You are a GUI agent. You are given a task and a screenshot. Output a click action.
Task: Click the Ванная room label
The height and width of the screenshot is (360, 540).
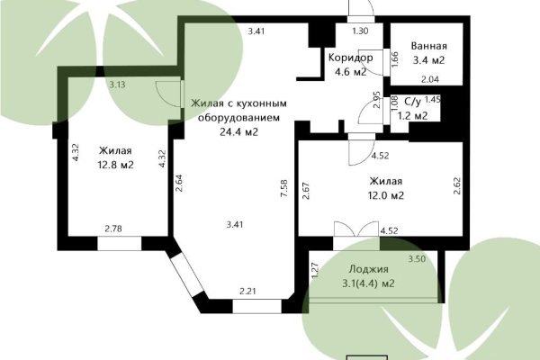coord(428,46)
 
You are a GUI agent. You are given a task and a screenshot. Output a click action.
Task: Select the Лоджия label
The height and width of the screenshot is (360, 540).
coord(370,269)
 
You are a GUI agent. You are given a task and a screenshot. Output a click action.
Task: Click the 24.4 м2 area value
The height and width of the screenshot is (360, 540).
coord(238,131)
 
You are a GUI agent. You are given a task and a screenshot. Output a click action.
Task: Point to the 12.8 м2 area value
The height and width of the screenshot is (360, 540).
coord(115,165)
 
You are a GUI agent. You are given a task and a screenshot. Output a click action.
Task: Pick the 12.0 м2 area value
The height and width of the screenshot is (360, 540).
coord(385,195)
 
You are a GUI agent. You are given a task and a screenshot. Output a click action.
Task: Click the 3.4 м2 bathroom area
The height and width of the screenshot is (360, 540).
coord(428,61)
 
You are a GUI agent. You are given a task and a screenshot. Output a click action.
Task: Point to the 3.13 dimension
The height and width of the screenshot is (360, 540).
coord(117,85)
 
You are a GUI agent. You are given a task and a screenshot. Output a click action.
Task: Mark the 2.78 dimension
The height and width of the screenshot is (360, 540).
coord(113,229)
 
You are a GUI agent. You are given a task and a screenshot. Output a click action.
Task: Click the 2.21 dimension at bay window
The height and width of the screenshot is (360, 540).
coord(248,290)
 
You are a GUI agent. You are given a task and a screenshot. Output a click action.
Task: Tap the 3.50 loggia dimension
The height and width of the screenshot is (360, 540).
coord(417,259)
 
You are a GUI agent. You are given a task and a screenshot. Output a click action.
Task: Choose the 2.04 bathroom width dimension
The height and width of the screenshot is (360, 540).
coord(431,81)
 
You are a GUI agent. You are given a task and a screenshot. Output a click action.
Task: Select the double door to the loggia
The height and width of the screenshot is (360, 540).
coord(355,231)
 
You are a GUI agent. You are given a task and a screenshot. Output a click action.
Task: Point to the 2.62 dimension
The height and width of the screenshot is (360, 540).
coord(457,185)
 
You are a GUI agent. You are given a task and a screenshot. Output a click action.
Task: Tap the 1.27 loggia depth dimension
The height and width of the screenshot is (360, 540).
coord(315,267)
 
